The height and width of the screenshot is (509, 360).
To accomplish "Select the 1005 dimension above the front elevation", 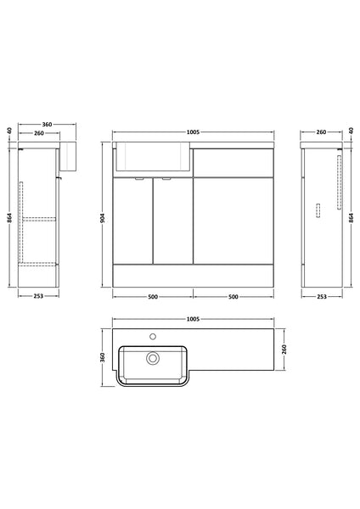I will pyautogui.click(x=193, y=132).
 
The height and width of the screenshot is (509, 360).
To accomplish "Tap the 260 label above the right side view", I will pyautogui.click(x=322, y=132).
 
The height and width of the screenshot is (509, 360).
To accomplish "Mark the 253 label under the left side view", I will pyautogui.click(x=39, y=298).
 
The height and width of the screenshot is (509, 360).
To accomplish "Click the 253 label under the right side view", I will pyautogui.click(x=322, y=298).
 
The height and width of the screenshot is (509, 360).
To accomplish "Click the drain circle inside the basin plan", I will pyautogui.click(x=154, y=359).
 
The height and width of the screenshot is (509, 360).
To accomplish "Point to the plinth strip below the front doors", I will pyautogui.click(x=193, y=277).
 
